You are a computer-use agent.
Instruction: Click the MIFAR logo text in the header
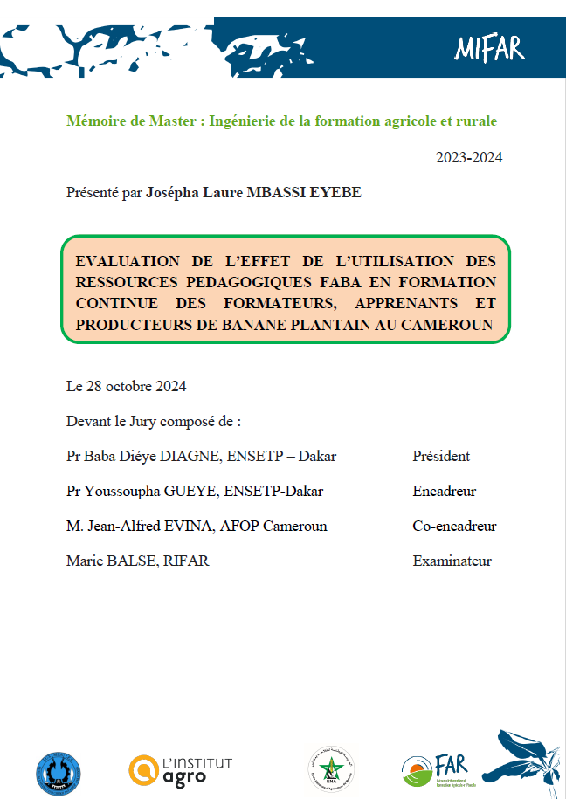pos(488,49)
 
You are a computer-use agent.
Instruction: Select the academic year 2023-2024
pos(469,157)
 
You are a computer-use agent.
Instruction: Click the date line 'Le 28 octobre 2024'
pos(127,386)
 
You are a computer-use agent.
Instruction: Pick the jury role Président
pos(441,456)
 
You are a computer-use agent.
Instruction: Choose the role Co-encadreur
pos(454,526)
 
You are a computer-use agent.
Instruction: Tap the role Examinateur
pos(452,561)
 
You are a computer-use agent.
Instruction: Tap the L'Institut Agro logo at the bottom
pos(181,769)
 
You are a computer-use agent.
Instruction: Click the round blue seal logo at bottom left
pos(59,772)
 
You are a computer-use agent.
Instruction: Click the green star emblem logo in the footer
pos(331,769)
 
